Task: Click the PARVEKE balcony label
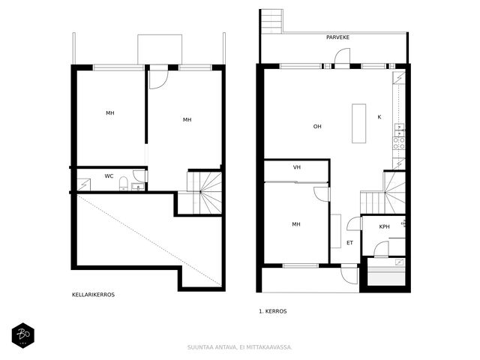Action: click(337, 37)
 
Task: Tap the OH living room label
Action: click(317, 127)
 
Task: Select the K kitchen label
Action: click(379, 117)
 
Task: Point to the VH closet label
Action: click(297, 167)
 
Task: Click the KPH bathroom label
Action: click(384, 226)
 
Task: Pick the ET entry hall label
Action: click(349, 243)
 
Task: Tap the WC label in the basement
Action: click(109, 176)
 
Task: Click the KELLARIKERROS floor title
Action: click(93, 295)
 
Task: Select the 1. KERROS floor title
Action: click(273, 311)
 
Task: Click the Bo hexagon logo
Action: click(23, 335)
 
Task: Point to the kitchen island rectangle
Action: click(358, 123)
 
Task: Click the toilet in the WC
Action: click(123, 183)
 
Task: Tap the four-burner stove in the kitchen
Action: click(399, 143)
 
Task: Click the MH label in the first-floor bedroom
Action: click(296, 224)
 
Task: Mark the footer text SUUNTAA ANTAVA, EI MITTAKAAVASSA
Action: click(240, 347)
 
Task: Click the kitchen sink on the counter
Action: click(399, 130)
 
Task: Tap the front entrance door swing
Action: click(349, 275)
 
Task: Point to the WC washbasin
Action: click(138, 187)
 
